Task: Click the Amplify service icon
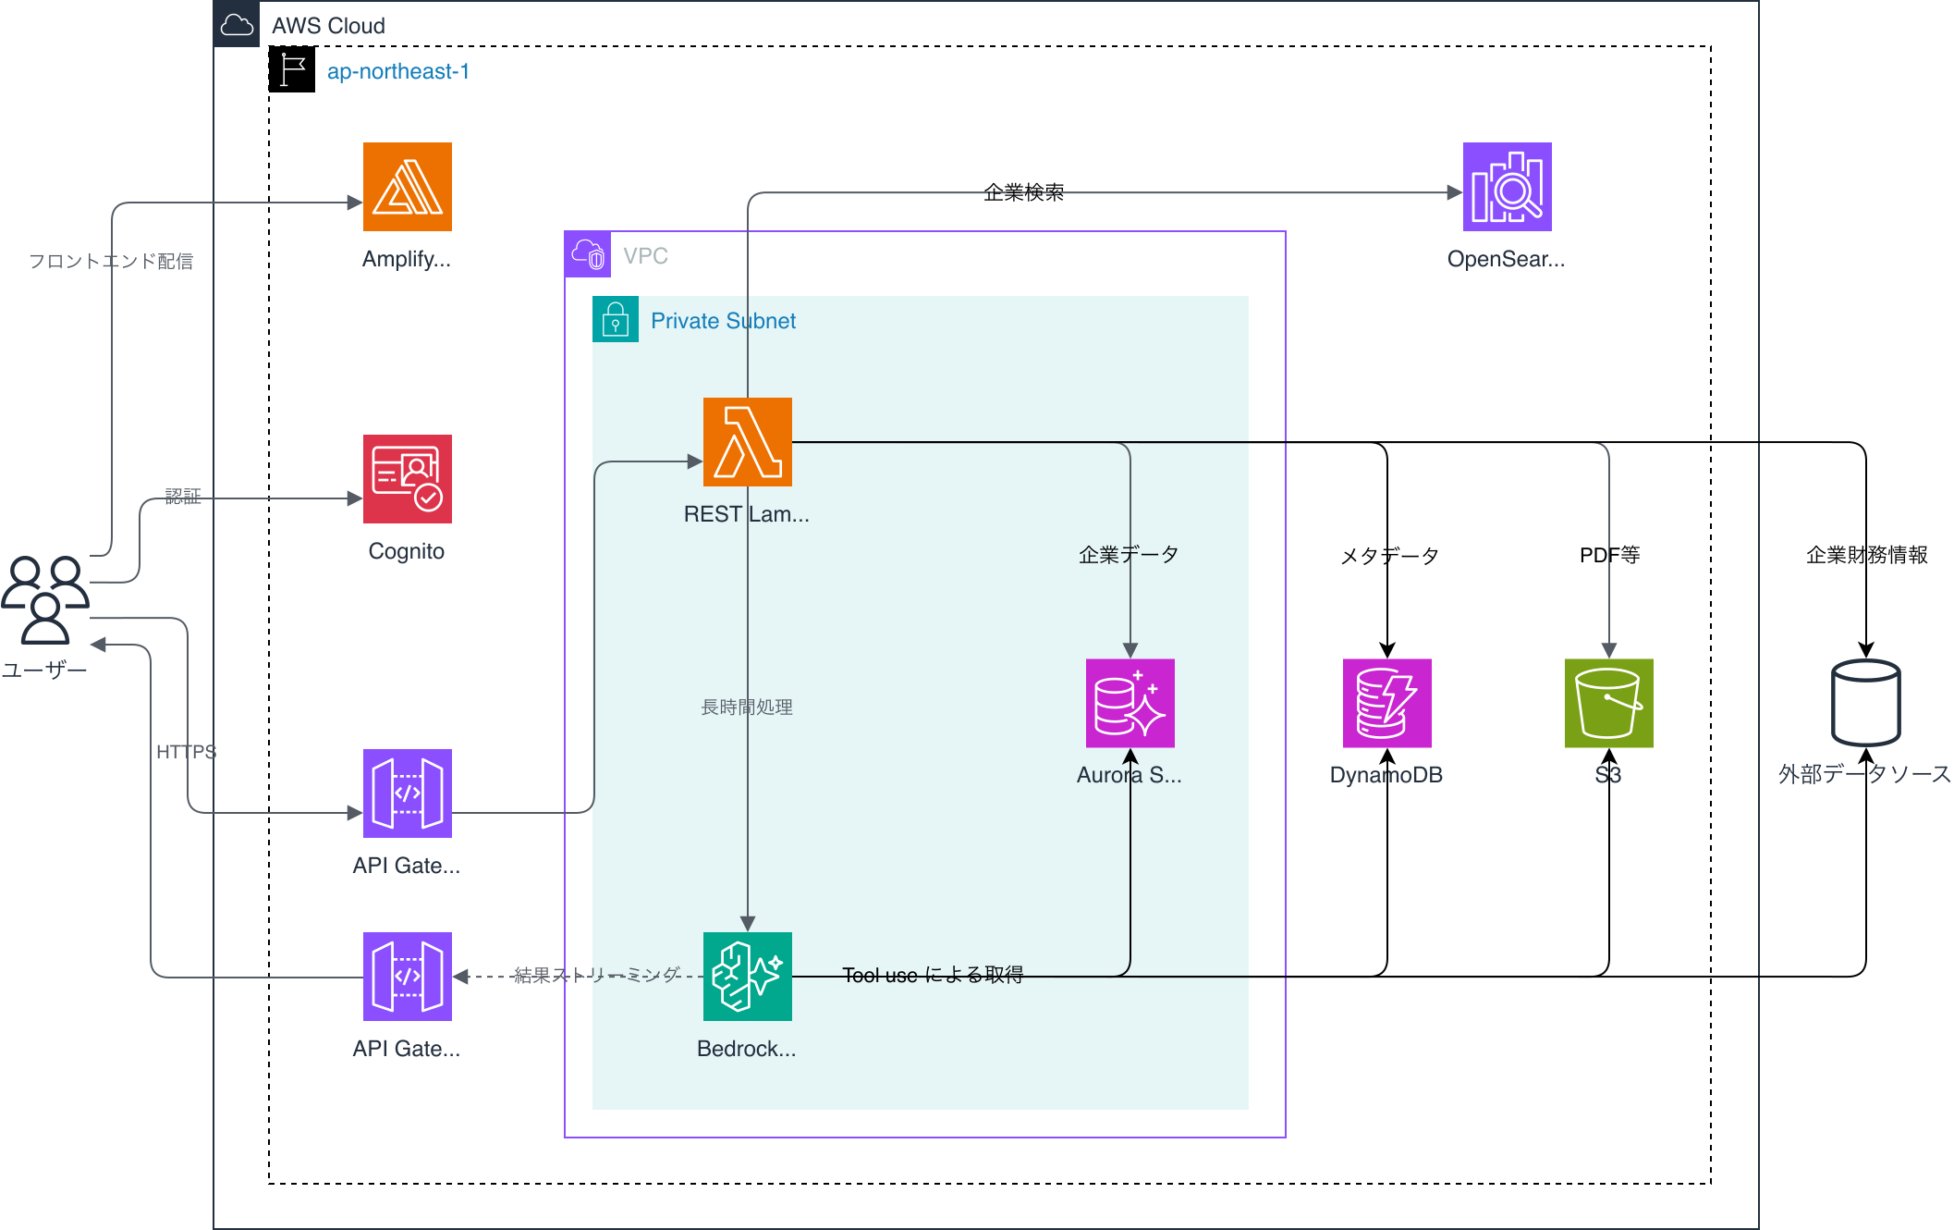coord(407,186)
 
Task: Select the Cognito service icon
coord(407,478)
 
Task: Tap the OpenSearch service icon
coord(1507,186)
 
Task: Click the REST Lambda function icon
coord(747,441)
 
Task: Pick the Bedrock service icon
coord(747,976)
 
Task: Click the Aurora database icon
coord(1130,702)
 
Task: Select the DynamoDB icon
coord(1386,702)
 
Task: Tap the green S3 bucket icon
coord(1608,702)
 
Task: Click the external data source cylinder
coord(1865,702)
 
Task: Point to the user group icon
coord(44,598)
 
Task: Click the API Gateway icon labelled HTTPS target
coord(407,793)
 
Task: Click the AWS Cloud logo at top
coord(237,24)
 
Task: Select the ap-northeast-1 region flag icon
coord(292,69)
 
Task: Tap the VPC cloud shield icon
coord(588,254)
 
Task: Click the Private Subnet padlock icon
coord(616,319)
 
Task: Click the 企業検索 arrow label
coord(1023,192)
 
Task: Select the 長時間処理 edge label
coord(747,707)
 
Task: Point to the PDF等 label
coord(1609,555)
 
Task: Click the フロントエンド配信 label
coord(111,261)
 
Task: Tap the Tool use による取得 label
coord(933,975)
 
